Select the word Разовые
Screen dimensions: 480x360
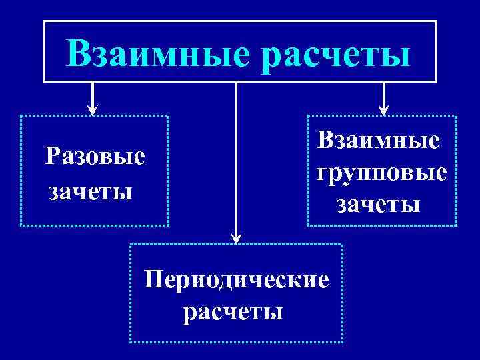95,158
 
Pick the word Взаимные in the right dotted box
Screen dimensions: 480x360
379,141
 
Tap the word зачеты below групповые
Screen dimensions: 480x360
378,203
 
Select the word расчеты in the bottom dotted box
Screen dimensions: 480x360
233,311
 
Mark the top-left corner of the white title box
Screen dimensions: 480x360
44,21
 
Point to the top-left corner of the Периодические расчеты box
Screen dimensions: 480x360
129,245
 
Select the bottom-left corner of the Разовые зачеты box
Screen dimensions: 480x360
21,226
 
